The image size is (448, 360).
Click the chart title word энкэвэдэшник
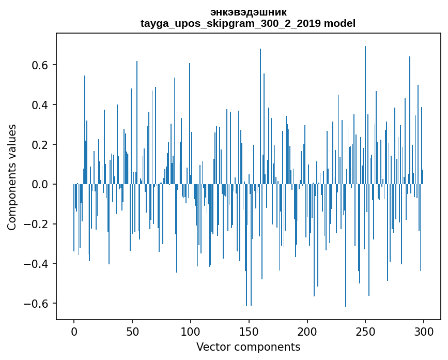point(248,12)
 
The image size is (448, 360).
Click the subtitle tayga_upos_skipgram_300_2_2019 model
point(248,23)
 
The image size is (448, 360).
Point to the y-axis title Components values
point(12,177)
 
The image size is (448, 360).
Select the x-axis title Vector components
point(248,347)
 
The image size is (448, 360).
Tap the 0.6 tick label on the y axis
point(39,65)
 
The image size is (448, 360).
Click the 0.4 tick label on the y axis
point(39,105)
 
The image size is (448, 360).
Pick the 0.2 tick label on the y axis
point(39,145)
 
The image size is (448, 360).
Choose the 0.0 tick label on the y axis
point(39,185)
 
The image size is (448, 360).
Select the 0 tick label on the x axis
point(74,331)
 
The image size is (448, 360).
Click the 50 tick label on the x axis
point(132,331)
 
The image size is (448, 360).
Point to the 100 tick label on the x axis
point(191,331)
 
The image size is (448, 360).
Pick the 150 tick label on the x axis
point(249,331)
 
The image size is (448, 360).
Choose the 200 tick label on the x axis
point(307,331)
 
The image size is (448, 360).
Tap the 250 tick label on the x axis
point(365,331)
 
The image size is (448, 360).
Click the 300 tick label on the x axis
point(424,331)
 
